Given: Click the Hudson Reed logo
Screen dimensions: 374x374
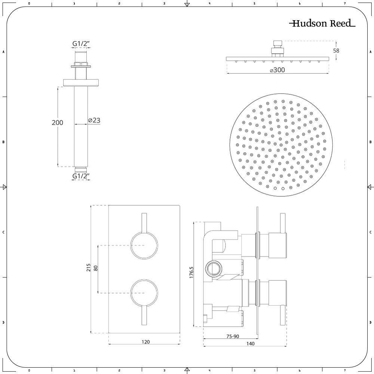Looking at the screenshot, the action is pyautogui.click(x=322, y=23).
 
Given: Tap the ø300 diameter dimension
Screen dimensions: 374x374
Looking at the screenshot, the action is pyautogui.click(x=278, y=70).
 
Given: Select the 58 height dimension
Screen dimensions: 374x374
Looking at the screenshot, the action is pyautogui.click(x=336, y=50).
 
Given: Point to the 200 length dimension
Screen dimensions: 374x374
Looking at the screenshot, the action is pyautogui.click(x=58, y=123).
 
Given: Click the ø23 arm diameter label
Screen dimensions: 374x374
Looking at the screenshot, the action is pyautogui.click(x=94, y=120).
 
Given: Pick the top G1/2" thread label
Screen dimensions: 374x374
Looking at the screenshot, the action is pyautogui.click(x=81, y=44).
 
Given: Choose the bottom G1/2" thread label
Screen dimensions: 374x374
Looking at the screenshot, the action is pyautogui.click(x=81, y=176).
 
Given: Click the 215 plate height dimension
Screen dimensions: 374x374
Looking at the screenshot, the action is pyautogui.click(x=89, y=268).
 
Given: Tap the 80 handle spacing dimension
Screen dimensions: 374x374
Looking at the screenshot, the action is pyautogui.click(x=96, y=268).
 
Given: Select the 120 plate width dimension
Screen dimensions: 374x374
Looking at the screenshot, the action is pyautogui.click(x=145, y=342).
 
